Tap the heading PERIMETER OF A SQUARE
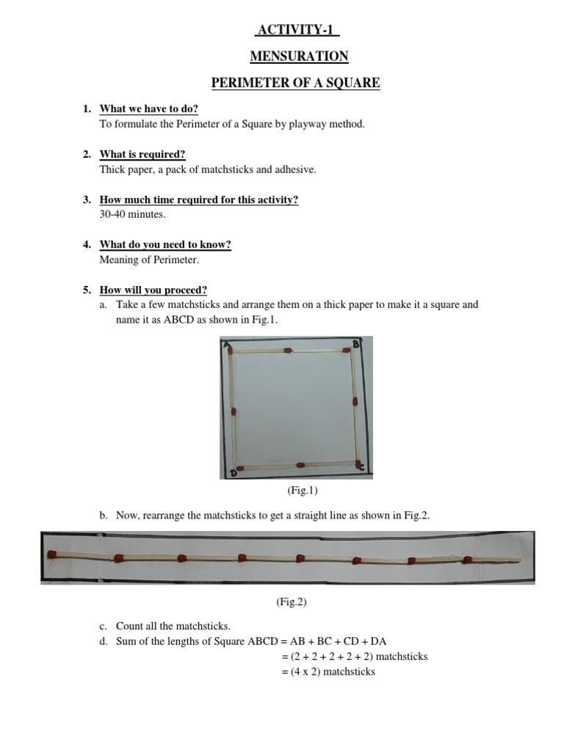296,83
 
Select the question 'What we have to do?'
149,109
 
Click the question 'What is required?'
142,154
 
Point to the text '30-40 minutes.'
132,214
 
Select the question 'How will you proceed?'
153,290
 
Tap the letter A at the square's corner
226,342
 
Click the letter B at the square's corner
356,343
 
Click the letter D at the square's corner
233,473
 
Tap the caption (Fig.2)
292,601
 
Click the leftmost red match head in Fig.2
52,554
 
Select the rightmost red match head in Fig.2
467,560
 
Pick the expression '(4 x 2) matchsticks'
328,671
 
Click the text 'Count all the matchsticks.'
173,626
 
